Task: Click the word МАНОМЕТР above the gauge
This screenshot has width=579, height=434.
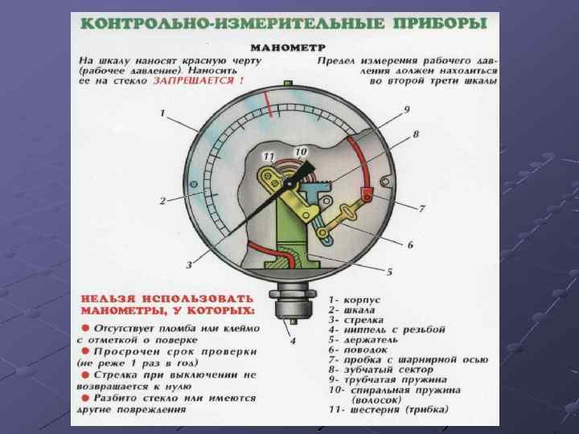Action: [288, 47]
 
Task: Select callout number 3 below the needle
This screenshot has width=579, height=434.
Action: [189, 264]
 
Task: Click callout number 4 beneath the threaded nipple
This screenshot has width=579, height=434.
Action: [293, 340]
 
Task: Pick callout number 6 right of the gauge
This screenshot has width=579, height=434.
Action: [410, 244]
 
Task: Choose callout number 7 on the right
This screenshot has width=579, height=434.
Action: [421, 209]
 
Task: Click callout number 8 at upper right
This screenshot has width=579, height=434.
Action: [415, 133]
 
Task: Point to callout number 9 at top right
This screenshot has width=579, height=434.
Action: [406, 109]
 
